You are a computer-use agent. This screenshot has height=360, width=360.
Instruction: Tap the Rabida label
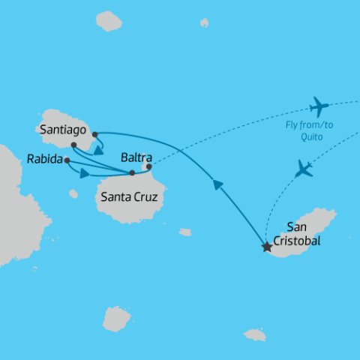click(x=44, y=159)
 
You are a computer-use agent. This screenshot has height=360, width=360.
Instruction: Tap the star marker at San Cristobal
click(x=266, y=246)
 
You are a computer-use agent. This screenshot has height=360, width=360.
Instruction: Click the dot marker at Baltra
click(x=148, y=166)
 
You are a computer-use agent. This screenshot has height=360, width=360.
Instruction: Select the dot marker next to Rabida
click(x=67, y=160)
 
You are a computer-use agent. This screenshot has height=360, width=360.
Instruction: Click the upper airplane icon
click(x=319, y=106)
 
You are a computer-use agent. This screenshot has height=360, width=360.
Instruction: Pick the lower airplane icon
click(x=304, y=169)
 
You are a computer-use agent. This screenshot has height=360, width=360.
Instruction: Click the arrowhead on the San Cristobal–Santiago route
click(x=218, y=184)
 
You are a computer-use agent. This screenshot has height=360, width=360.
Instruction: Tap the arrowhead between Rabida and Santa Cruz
click(x=84, y=173)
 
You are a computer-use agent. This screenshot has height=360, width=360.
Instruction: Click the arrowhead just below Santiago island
click(x=99, y=149)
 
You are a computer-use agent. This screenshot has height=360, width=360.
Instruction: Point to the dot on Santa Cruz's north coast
click(x=132, y=173)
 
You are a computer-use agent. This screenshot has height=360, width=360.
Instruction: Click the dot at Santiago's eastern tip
click(x=95, y=135)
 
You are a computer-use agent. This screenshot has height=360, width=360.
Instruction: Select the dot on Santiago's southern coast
click(x=73, y=145)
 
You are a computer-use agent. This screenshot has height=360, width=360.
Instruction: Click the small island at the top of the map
click(x=109, y=21)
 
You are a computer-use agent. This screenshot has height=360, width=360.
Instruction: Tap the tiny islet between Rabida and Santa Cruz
click(x=73, y=194)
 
